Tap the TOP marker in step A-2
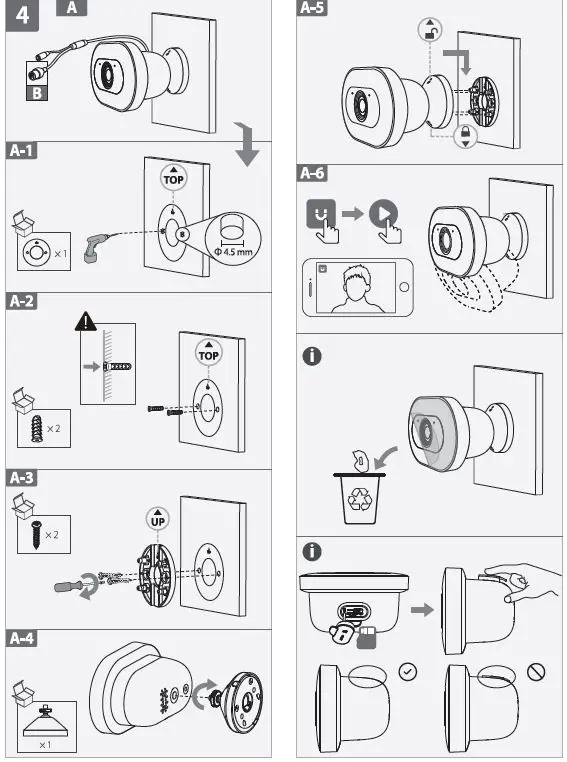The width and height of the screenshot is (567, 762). pyautogui.click(x=208, y=352)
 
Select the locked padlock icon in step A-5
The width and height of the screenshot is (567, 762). pyautogui.click(x=464, y=138)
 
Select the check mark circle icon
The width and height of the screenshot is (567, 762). pyautogui.click(x=405, y=670)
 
